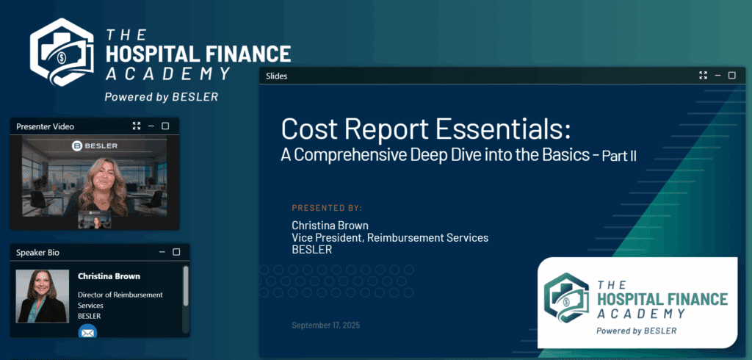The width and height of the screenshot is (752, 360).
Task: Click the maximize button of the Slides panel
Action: (732, 76)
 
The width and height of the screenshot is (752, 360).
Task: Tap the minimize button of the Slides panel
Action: (718, 76)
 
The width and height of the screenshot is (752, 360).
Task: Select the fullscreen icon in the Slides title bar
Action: (703, 76)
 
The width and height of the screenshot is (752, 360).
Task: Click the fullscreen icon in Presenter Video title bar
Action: (137, 126)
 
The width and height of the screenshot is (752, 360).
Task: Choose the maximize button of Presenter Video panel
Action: (165, 126)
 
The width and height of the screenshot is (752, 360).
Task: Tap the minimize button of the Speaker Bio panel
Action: (162, 252)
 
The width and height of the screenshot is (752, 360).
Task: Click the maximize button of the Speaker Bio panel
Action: (176, 252)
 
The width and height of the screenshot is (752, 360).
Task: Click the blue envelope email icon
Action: (88, 331)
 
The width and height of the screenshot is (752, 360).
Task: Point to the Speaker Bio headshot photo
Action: (42, 296)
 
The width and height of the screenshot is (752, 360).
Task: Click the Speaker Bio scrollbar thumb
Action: (186, 286)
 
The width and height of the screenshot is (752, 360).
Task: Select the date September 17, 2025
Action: (325, 325)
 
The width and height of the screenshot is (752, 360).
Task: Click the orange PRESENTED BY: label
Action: (327, 208)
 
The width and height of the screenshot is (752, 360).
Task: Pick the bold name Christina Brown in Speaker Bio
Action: (109, 276)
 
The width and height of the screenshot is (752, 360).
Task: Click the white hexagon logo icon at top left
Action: (62, 52)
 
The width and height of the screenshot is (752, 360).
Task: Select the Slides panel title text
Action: (277, 76)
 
